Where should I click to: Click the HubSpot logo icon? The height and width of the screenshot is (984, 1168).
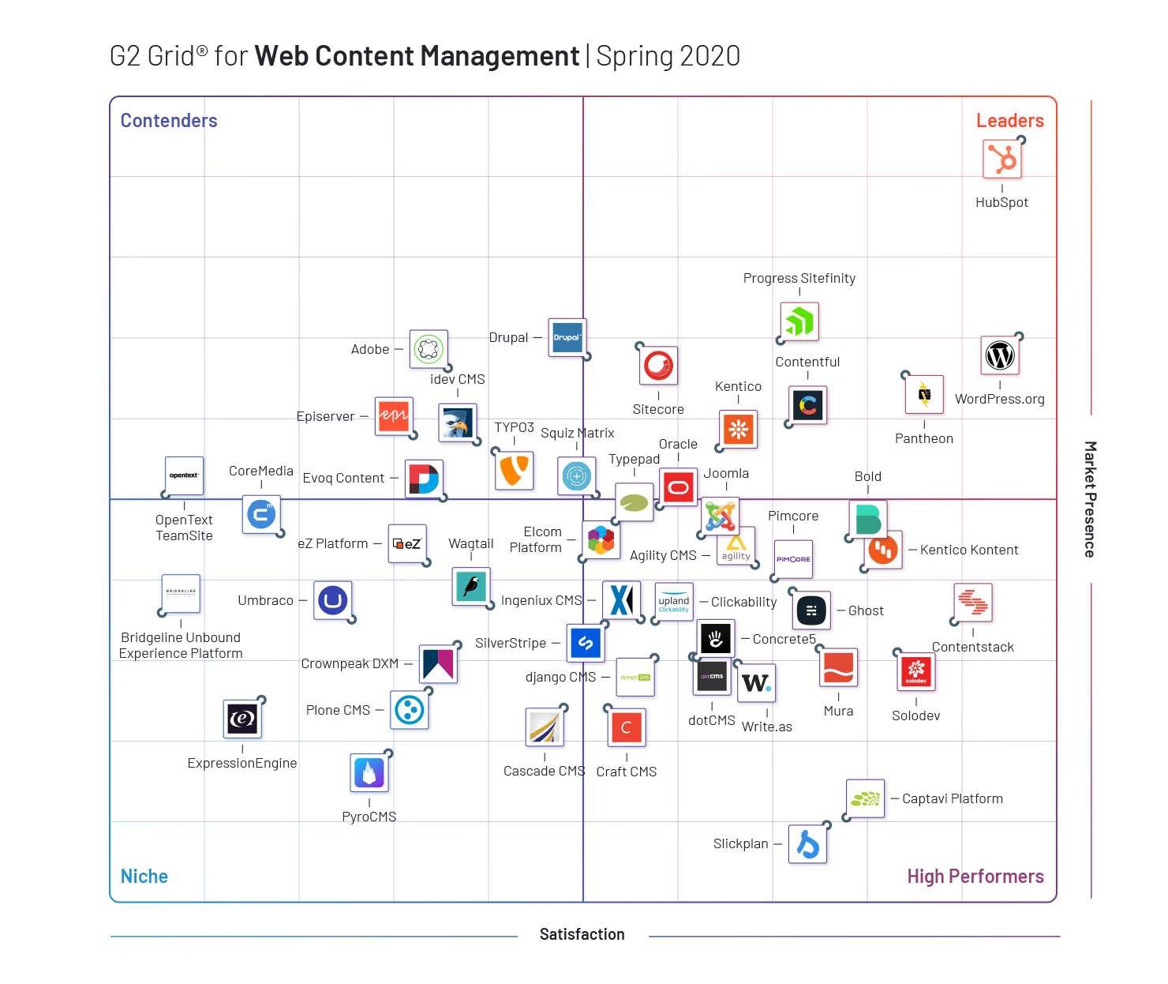point(1002,160)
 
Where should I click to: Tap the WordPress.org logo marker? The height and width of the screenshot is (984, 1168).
point(1000,355)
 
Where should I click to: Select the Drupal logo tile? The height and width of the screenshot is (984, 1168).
point(567,338)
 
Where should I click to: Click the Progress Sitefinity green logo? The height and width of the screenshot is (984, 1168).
point(799,322)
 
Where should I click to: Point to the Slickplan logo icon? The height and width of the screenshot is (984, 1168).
point(808,844)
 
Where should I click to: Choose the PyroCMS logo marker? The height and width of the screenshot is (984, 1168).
point(369,773)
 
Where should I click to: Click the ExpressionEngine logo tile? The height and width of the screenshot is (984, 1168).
point(242,719)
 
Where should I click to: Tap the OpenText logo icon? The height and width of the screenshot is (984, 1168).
point(185,476)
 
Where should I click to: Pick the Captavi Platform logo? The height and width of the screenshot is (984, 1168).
point(866,799)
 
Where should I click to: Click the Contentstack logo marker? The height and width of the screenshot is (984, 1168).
point(973,603)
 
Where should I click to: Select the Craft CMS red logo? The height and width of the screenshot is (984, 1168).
point(627,728)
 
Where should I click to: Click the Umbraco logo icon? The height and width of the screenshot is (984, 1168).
point(333,601)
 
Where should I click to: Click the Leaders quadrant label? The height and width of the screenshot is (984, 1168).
point(1009,121)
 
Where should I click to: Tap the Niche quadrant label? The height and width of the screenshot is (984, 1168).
point(144,877)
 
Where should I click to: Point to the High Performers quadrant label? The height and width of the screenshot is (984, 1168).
point(975,877)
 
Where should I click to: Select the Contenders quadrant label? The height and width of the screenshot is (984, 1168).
point(169,121)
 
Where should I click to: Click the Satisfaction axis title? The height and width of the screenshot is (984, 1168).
point(582,935)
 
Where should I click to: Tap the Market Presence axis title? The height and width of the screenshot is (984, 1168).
point(1090,499)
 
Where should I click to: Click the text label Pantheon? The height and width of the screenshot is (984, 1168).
point(924,439)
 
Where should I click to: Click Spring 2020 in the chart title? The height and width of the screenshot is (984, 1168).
point(668,57)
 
